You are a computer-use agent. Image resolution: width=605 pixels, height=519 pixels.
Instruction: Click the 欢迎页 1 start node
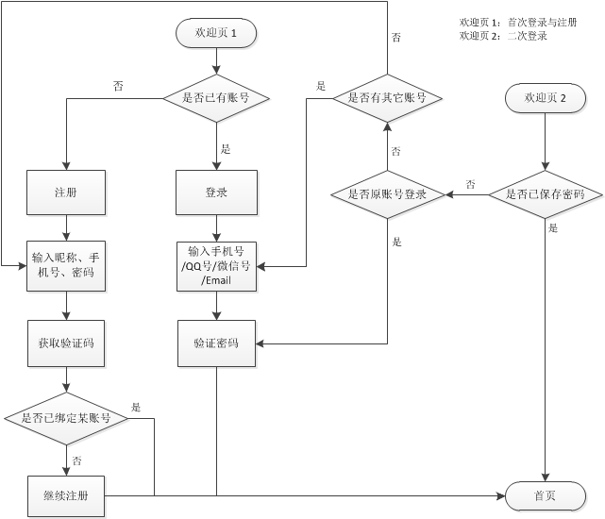coord(216,33)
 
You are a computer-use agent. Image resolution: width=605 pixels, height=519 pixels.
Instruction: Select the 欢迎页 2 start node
coord(546,98)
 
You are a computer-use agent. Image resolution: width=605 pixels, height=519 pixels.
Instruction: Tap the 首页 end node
coord(545,496)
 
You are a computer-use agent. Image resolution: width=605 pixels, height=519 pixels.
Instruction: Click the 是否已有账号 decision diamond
coord(216,97)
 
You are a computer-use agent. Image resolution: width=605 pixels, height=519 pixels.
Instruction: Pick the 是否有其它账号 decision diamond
coord(387,97)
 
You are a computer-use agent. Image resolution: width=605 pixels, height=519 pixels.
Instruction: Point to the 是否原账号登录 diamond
coord(387,195)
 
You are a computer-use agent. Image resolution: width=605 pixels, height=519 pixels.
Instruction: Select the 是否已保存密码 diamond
coord(546,195)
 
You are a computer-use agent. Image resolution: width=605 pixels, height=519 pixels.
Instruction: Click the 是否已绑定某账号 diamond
coord(66,418)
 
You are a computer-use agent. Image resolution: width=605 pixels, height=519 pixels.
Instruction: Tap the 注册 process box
coord(66,193)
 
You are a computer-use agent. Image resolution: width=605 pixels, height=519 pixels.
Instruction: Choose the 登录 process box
coord(216,193)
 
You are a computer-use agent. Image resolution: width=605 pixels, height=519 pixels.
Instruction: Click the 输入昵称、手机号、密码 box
coord(66,265)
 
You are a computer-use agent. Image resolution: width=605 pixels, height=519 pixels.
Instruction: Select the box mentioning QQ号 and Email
coord(216,265)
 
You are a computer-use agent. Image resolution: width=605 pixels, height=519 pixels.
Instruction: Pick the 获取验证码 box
coord(66,343)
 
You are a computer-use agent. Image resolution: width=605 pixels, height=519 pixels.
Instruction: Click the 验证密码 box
coord(216,343)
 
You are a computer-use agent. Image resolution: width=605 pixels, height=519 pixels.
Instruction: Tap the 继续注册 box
coord(66,496)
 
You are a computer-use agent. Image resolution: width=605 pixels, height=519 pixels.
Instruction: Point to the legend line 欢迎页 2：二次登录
coord(503,36)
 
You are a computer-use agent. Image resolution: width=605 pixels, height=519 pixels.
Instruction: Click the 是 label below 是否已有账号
coord(226,149)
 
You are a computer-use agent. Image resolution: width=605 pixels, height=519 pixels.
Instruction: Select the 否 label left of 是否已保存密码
coord(470,184)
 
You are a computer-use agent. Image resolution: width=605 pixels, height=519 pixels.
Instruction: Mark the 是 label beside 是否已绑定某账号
coord(136,408)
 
